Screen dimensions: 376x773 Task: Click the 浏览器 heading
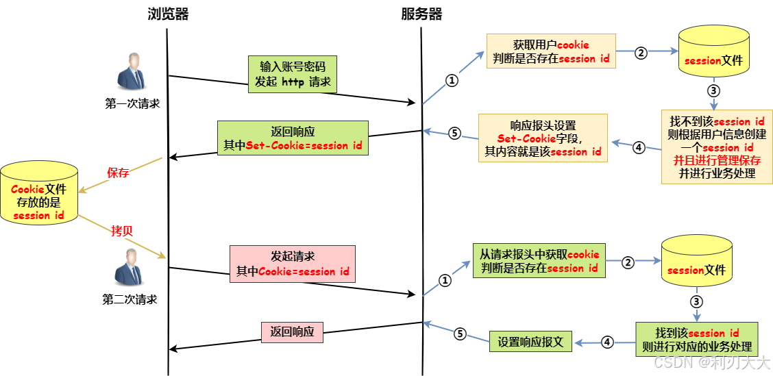[x=168, y=14]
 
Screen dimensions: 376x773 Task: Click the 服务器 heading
[x=421, y=14]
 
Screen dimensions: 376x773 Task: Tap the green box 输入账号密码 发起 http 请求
[x=293, y=75]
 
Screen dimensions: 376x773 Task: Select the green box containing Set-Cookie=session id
[x=293, y=138]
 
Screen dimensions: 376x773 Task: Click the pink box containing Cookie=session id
[x=293, y=264]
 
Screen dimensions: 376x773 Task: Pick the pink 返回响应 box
[x=292, y=331]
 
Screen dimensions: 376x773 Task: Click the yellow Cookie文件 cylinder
[x=39, y=196]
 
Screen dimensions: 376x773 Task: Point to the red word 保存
[x=118, y=173]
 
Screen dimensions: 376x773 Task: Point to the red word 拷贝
[x=121, y=231]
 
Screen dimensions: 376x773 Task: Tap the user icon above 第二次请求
[x=130, y=268]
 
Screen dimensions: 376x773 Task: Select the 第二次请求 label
[x=130, y=299]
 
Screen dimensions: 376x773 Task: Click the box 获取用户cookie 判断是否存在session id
[x=551, y=52]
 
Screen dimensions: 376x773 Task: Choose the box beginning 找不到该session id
[x=716, y=147]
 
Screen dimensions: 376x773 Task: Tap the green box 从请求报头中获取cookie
[x=539, y=261]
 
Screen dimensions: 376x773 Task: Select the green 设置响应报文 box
[x=530, y=342]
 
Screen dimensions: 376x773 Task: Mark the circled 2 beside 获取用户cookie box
[x=641, y=52]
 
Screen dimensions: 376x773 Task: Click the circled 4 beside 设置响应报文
[x=606, y=341]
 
